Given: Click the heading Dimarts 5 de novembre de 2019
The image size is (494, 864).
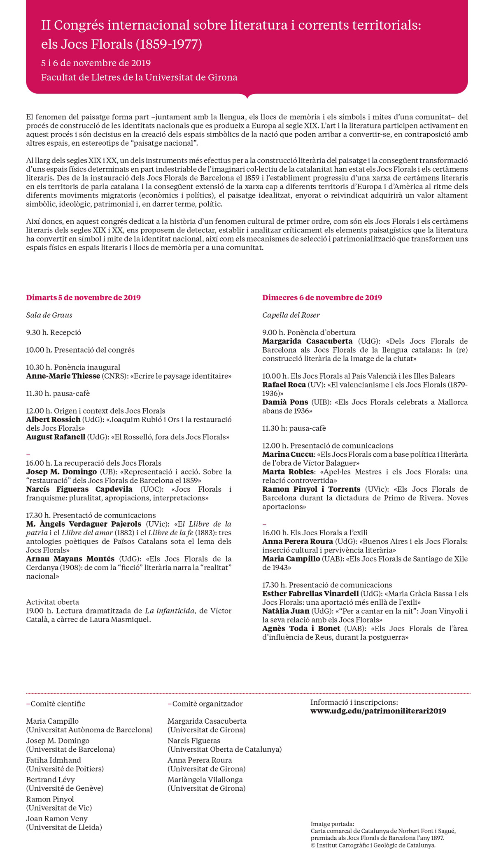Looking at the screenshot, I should point(83,297).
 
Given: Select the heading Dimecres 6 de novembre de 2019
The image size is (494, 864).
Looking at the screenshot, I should point(322,297).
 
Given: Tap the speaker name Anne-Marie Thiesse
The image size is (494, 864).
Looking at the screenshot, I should point(63,376).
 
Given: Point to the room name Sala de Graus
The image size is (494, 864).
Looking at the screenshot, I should point(49,315).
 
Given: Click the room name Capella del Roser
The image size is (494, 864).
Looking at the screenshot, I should point(291,315).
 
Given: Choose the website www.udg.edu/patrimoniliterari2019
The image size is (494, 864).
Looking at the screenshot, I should point(378,711).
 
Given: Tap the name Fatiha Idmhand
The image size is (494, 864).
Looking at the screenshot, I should point(54,760).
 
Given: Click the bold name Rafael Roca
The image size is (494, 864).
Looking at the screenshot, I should point(284,385).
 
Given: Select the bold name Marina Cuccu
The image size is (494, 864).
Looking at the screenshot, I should point(288,454).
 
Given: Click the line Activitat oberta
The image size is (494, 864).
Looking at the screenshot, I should point(52,602).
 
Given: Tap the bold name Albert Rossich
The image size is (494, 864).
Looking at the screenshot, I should point(53,420).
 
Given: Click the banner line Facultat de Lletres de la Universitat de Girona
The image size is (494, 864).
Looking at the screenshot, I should point(139,77).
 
